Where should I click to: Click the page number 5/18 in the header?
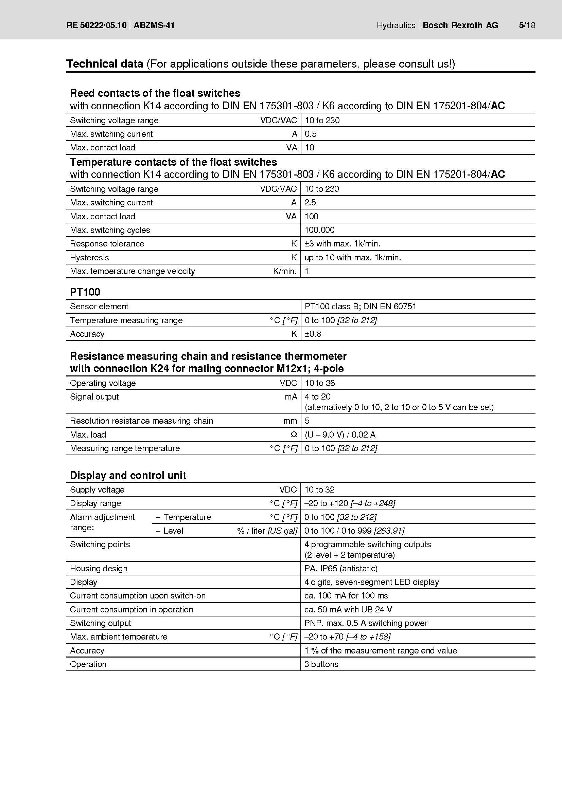click(x=527, y=25)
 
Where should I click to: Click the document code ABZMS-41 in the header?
click(x=154, y=25)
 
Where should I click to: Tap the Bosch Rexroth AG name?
click(x=460, y=25)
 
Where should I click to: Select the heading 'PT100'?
click(x=85, y=292)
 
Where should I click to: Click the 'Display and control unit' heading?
click(x=128, y=476)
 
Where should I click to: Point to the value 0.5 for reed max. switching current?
click(x=311, y=134)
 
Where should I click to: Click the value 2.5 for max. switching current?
click(x=310, y=203)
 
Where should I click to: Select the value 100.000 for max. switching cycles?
click(x=319, y=230)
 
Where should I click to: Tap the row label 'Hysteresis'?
click(x=89, y=258)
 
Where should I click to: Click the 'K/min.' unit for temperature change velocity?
click(x=285, y=271)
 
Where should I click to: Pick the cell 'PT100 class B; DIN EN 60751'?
click(x=360, y=307)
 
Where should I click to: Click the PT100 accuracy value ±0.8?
click(x=313, y=334)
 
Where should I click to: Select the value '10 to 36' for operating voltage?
click(x=320, y=383)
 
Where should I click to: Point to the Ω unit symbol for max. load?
click(x=294, y=435)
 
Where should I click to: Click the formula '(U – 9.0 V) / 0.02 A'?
click(x=340, y=435)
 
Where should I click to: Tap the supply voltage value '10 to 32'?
click(x=319, y=490)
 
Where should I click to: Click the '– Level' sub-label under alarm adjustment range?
click(x=170, y=531)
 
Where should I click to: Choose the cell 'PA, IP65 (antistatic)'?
click(x=341, y=569)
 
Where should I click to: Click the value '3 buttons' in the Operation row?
click(x=321, y=664)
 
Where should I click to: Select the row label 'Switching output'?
click(x=100, y=623)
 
